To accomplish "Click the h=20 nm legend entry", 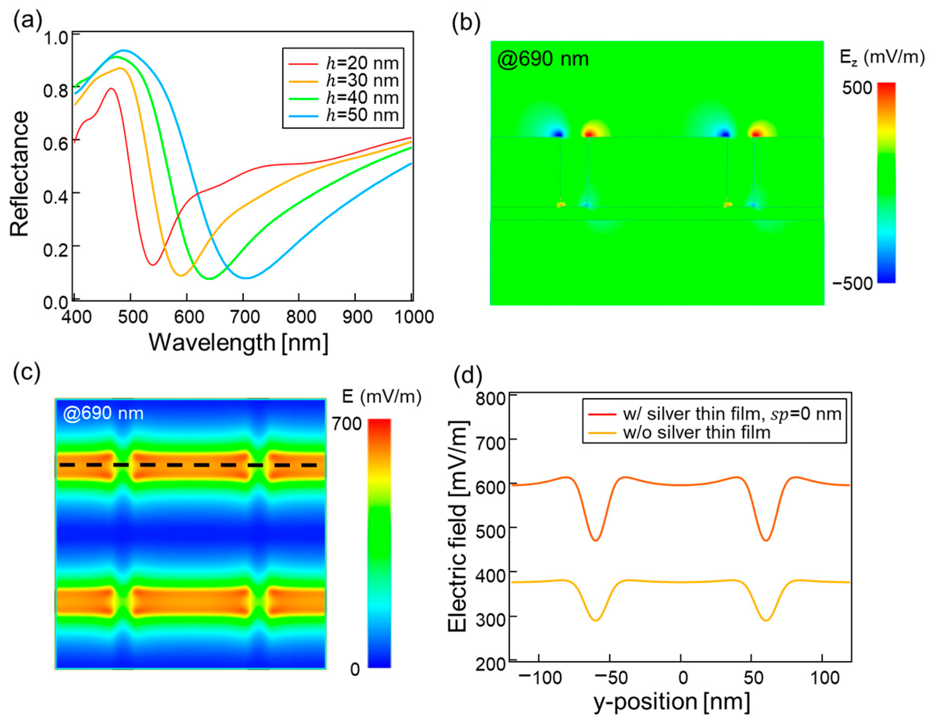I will tap(343, 63).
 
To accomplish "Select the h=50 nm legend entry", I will tap(343, 115).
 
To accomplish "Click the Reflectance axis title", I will tap(19, 174).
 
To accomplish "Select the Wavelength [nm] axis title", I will tap(239, 342).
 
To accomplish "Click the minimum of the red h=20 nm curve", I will tap(153, 265).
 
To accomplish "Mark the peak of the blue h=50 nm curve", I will tap(124, 50).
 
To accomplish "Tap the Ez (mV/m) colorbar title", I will tap(882, 57).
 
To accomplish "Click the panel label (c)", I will tap(26, 372).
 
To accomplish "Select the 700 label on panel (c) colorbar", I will tap(347, 424).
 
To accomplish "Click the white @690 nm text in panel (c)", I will tap(103, 413).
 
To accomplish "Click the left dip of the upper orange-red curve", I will tap(596, 541).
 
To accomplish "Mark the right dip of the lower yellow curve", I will tap(766, 620).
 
